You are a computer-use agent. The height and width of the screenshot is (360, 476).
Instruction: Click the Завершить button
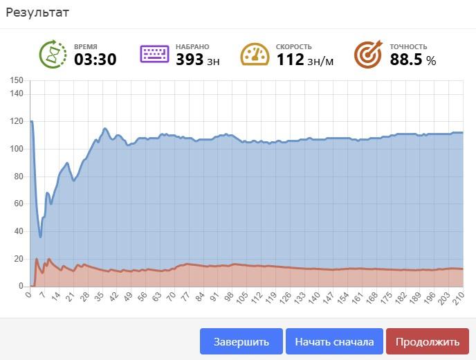click(x=241, y=341)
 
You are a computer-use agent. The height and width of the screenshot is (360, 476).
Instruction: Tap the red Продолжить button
click(x=427, y=341)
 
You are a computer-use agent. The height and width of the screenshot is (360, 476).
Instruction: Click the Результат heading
click(x=37, y=12)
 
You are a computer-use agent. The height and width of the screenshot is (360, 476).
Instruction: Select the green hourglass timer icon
click(x=52, y=54)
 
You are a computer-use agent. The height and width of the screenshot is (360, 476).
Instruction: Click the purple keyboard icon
click(x=154, y=54)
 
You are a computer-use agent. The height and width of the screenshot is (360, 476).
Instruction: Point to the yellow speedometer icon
click(x=255, y=54)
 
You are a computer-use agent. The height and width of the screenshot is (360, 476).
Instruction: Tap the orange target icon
click(x=368, y=54)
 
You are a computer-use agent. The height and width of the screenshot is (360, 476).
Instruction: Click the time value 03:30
click(x=95, y=60)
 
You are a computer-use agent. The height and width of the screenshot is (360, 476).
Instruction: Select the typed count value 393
click(x=190, y=60)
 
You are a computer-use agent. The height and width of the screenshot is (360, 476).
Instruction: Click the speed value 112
click(x=290, y=60)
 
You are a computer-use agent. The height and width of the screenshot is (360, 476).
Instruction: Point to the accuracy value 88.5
click(x=405, y=60)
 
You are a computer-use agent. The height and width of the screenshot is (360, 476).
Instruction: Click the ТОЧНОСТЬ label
click(x=408, y=46)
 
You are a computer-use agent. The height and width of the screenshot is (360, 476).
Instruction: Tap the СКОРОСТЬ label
click(x=293, y=46)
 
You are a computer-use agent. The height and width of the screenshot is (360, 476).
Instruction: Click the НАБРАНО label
click(x=192, y=46)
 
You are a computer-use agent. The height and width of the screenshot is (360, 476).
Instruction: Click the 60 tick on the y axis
click(x=19, y=204)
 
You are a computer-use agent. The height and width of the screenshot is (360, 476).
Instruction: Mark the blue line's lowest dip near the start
click(x=40, y=236)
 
